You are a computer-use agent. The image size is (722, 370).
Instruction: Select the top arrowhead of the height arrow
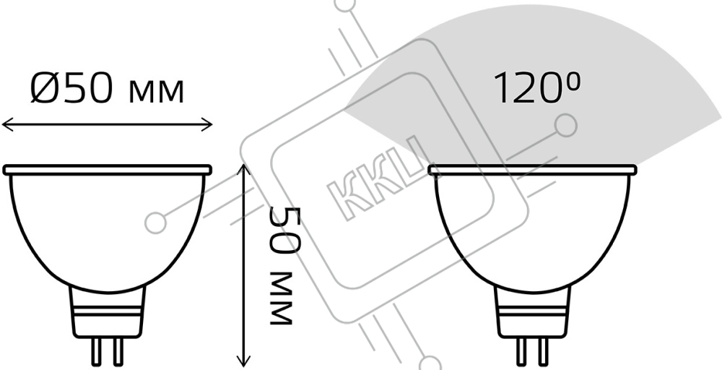pos(243,169)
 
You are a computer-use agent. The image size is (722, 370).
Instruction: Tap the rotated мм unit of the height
pos(281,298)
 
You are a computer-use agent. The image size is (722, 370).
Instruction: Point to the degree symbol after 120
pos(573,81)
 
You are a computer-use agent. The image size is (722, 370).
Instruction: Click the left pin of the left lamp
pos(97,351)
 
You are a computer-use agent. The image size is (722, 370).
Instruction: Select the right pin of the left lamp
pos(118,351)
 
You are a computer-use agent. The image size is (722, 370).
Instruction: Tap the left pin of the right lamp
pos(523,351)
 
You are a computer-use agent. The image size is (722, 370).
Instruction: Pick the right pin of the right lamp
pos(542,351)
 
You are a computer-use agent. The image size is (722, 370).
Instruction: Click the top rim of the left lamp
pos(108,170)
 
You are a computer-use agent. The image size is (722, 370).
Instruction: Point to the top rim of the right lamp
pos(532,170)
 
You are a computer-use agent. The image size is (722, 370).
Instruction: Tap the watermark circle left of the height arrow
pos(156,223)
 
